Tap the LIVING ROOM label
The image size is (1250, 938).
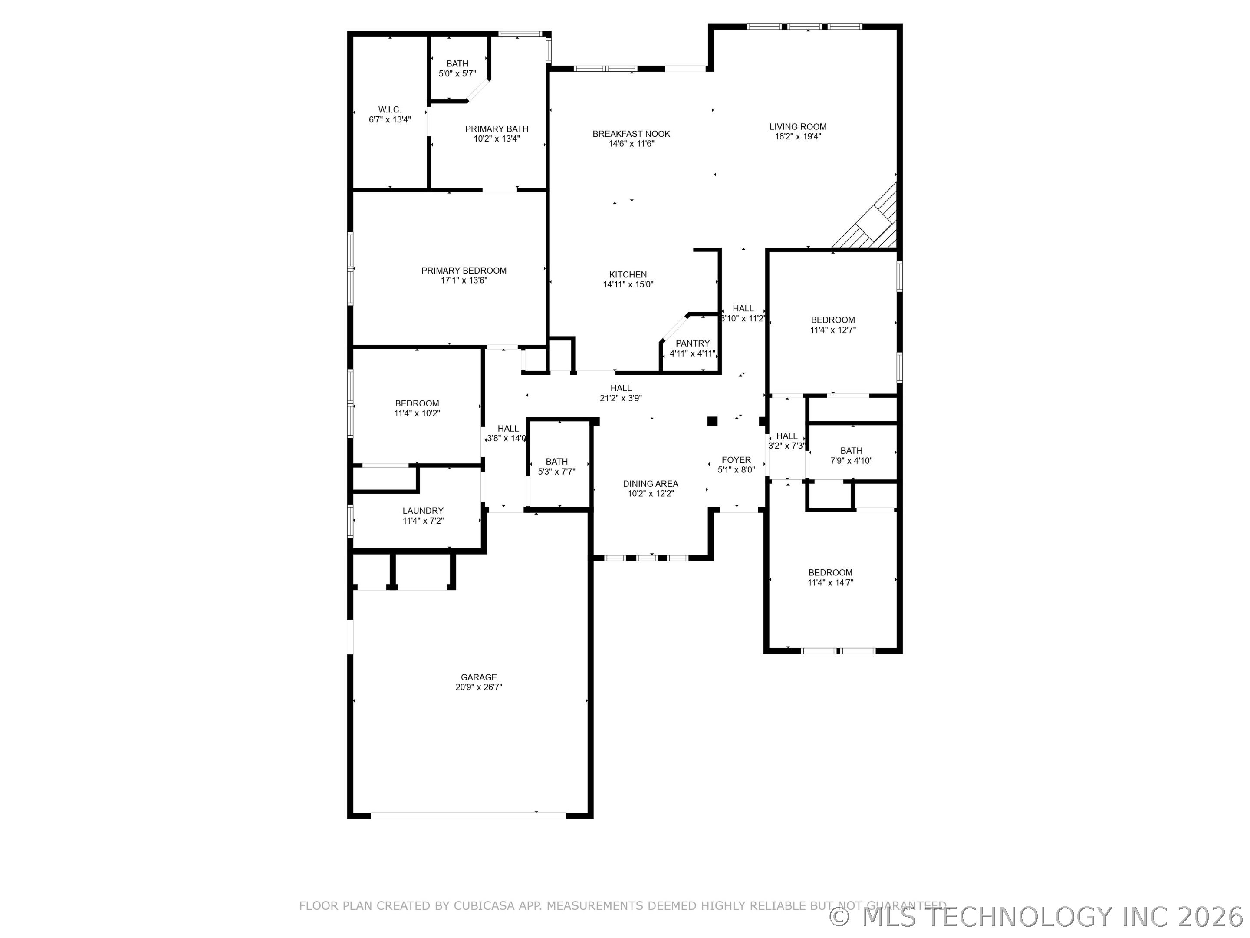pyautogui.click(x=798, y=127)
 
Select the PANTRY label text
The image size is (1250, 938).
pyautogui.click(x=693, y=343)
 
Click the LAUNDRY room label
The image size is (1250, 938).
pyautogui.click(x=423, y=511)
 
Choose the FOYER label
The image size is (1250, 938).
pyautogui.click(x=736, y=460)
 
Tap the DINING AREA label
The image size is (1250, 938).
pyautogui.click(x=651, y=483)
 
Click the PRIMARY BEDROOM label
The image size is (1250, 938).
pyautogui.click(x=464, y=270)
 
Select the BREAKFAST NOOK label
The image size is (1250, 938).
pyautogui.click(x=631, y=134)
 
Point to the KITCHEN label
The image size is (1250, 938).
pyautogui.click(x=628, y=275)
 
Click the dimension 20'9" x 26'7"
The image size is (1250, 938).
pyautogui.click(x=479, y=687)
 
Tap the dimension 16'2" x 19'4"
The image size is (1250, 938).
pyautogui.click(x=798, y=137)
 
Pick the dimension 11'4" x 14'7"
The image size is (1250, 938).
pyautogui.click(x=830, y=583)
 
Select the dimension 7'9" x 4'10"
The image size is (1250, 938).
pyautogui.click(x=851, y=461)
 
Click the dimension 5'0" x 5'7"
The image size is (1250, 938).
pyautogui.click(x=457, y=73)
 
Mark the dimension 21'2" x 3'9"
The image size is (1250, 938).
pyautogui.click(x=621, y=398)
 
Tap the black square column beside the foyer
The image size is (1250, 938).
pyautogui.click(x=713, y=421)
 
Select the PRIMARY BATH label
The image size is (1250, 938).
pyautogui.click(x=497, y=129)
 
